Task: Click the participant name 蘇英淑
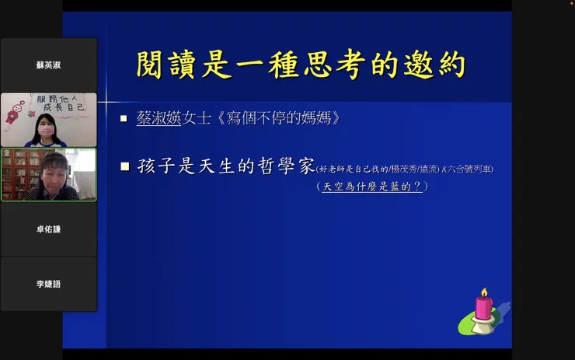(x=48, y=65)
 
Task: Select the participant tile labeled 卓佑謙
(x=48, y=229)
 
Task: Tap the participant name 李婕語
(x=48, y=284)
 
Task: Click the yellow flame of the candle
(x=483, y=292)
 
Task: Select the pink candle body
(x=483, y=307)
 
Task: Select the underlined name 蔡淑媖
(x=159, y=119)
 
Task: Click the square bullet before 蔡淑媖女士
(x=124, y=119)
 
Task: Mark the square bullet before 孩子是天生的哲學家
(x=124, y=166)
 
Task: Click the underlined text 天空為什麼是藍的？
(x=372, y=187)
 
